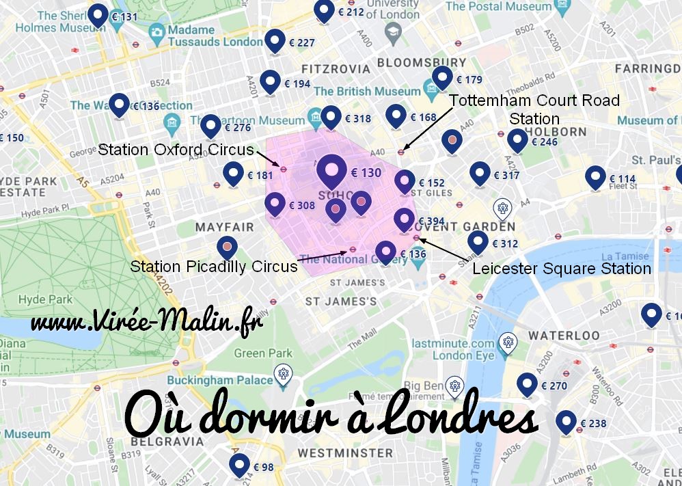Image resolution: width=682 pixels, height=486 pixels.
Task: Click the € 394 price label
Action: pos(432,221)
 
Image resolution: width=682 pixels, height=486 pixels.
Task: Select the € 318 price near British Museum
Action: pos(358,118)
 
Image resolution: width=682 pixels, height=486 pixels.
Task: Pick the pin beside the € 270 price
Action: pos(527,384)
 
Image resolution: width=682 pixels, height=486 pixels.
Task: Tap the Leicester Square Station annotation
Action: pos(562,268)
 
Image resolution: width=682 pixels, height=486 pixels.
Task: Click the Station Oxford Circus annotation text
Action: pos(176,149)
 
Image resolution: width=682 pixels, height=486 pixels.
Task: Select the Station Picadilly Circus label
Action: pos(214,267)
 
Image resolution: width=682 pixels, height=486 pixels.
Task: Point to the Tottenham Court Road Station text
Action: pos(534,109)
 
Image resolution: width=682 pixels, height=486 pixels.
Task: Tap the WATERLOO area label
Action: pos(564,336)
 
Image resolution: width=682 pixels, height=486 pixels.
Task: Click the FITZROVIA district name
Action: pos(336,69)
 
